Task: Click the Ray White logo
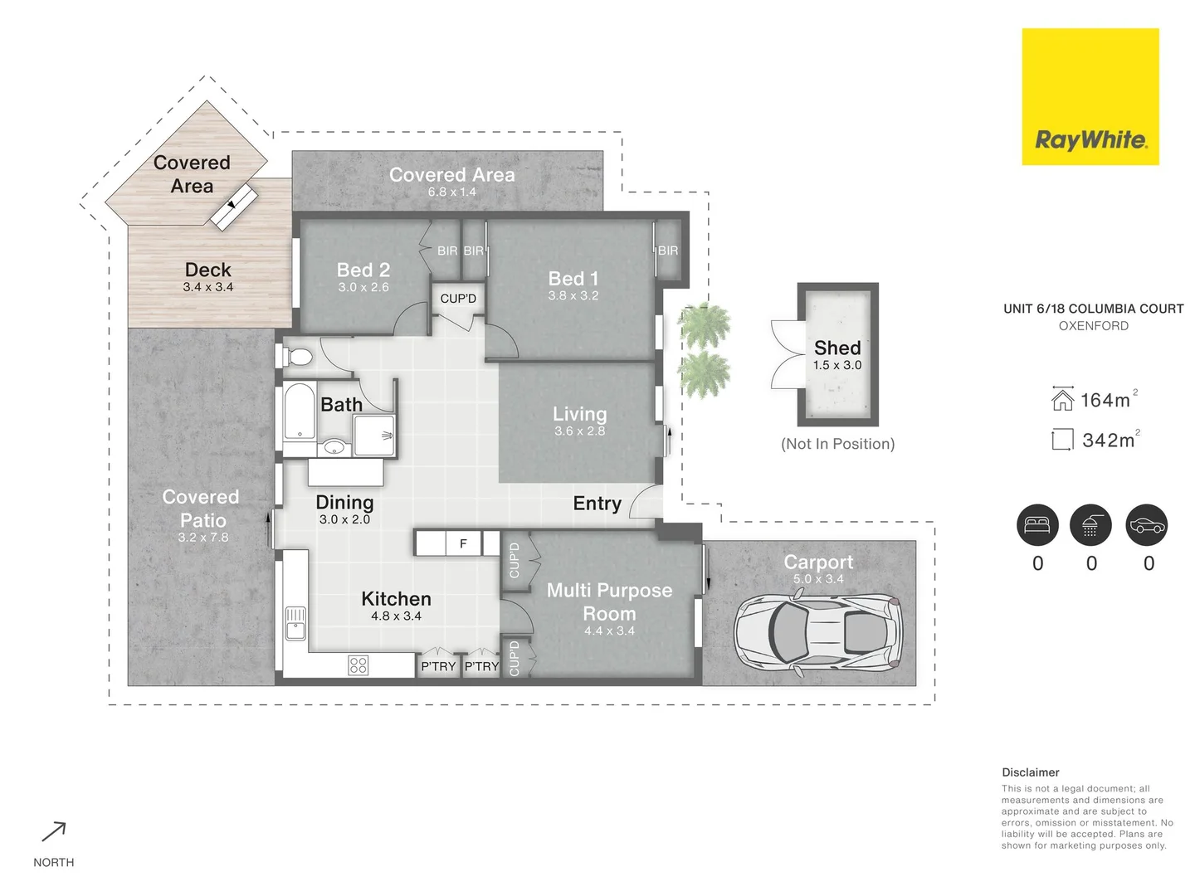pyautogui.click(x=1090, y=97)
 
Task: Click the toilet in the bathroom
pyautogui.click(x=297, y=358)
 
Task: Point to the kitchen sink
pyautogui.click(x=295, y=623)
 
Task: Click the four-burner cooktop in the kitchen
pyautogui.click(x=358, y=665)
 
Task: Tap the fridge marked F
pyautogui.click(x=463, y=543)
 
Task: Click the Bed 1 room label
pyautogui.click(x=573, y=279)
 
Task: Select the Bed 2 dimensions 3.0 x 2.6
pyautogui.click(x=363, y=287)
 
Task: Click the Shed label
pyautogui.click(x=836, y=348)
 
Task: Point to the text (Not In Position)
pyautogui.click(x=837, y=444)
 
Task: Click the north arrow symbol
pyautogui.click(x=54, y=831)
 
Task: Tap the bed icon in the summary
pyautogui.click(x=1037, y=525)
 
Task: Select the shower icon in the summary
pyautogui.click(x=1091, y=525)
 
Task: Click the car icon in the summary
pyautogui.click(x=1147, y=525)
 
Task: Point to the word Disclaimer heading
pyautogui.click(x=1030, y=772)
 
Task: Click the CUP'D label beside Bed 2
pyautogui.click(x=458, y=299)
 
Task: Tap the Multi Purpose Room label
pyautogui.click(x=609, y=601)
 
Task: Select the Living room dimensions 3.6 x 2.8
pyautogui.click(x=579, y=431)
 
